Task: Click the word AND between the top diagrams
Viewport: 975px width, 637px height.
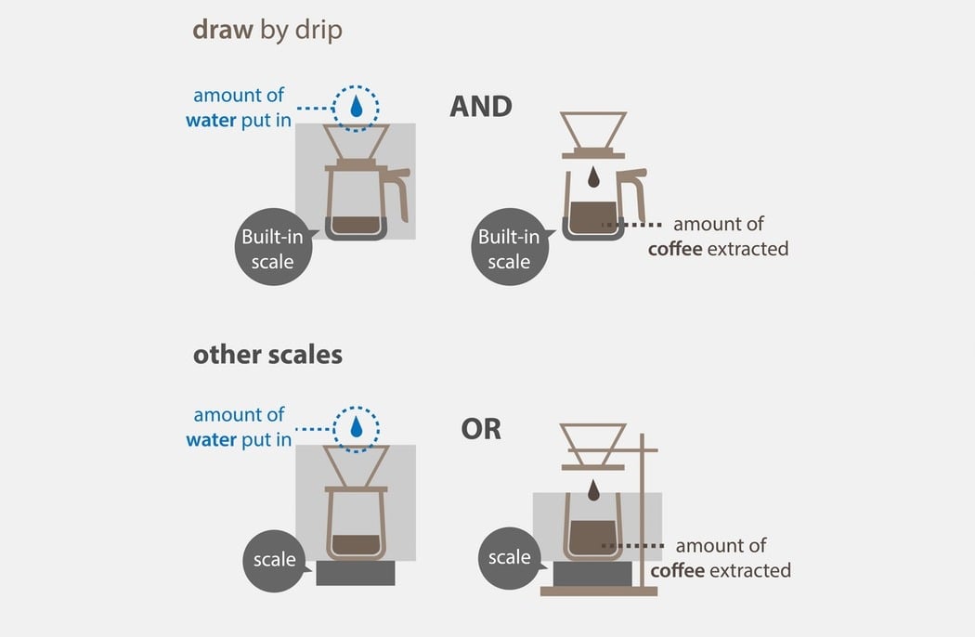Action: coord(481,107)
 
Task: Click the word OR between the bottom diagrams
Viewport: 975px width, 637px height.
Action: coord(481,429)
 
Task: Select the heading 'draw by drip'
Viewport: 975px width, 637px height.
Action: coord(267,31)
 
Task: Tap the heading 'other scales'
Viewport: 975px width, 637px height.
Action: coord(267,355)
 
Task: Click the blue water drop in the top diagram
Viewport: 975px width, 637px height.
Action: coord(356,106)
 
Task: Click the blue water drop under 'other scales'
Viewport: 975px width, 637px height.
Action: coord(357,427)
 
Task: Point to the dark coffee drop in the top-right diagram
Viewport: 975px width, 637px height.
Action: coord(594,176)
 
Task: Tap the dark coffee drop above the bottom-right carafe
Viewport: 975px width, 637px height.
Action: coord(594,490)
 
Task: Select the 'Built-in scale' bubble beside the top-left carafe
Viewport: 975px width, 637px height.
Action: coord(274,247)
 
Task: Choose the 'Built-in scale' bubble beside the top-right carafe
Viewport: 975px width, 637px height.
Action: coord(510,247)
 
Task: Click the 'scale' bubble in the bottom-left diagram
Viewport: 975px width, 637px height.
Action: coord(274,561)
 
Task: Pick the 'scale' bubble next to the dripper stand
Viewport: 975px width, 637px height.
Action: coord(510,558)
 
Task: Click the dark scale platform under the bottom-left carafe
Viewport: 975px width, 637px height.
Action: coord(355,573)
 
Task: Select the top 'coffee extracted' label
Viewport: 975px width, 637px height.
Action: coord(718,249)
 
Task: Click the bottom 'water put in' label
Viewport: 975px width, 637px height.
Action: coord(239,440)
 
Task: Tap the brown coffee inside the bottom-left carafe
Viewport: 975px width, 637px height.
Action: coord(356,544)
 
